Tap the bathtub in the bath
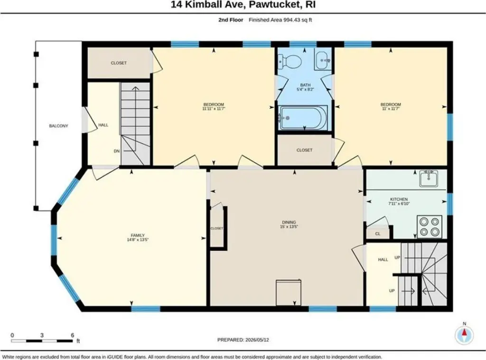(303, 118)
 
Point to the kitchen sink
(429, 179)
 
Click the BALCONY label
(58, 126)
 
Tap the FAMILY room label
(138, 236)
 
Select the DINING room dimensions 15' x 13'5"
(289, 227)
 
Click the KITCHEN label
(399, 199)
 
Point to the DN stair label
(117, 151)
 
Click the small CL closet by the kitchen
(377, 234)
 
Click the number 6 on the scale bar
(72, 335)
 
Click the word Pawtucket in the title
(270, 5)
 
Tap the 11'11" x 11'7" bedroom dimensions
(214, 109)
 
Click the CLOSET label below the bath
(304, 150)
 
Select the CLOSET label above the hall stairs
(119, 63)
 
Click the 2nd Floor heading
(231, 20)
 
